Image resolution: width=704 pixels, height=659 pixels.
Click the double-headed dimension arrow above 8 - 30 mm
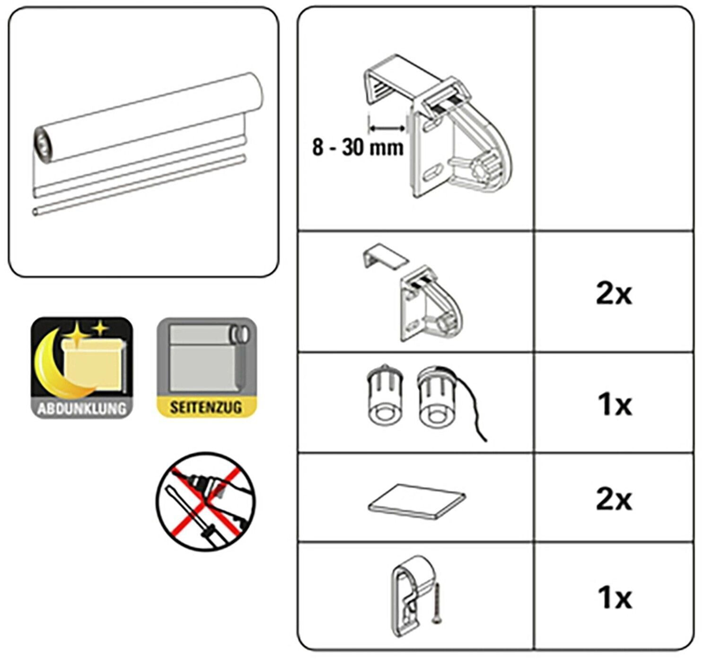tap(387, 127)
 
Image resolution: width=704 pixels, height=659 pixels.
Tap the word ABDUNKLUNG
tap(82, 408)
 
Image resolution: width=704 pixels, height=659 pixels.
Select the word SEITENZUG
tap(206, 407)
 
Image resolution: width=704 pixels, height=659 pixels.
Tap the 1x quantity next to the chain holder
tap(615, 597)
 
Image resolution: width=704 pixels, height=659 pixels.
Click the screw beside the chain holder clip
tap(436, 603)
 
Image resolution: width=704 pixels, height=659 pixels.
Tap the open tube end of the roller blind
tap(44, 147)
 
